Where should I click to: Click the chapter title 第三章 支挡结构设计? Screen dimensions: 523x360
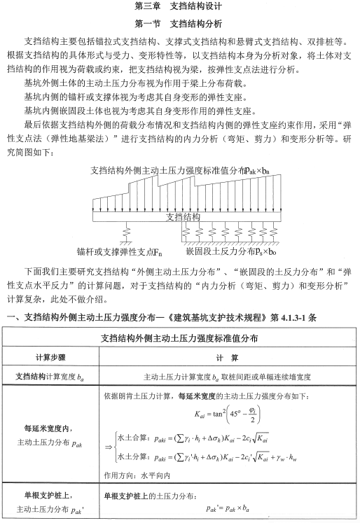[179, 7]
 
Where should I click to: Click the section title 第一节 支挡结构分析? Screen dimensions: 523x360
[179, 23]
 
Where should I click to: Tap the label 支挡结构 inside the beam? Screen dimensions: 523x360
[183, 216]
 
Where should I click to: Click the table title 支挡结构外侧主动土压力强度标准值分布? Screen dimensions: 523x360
[179, 337]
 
